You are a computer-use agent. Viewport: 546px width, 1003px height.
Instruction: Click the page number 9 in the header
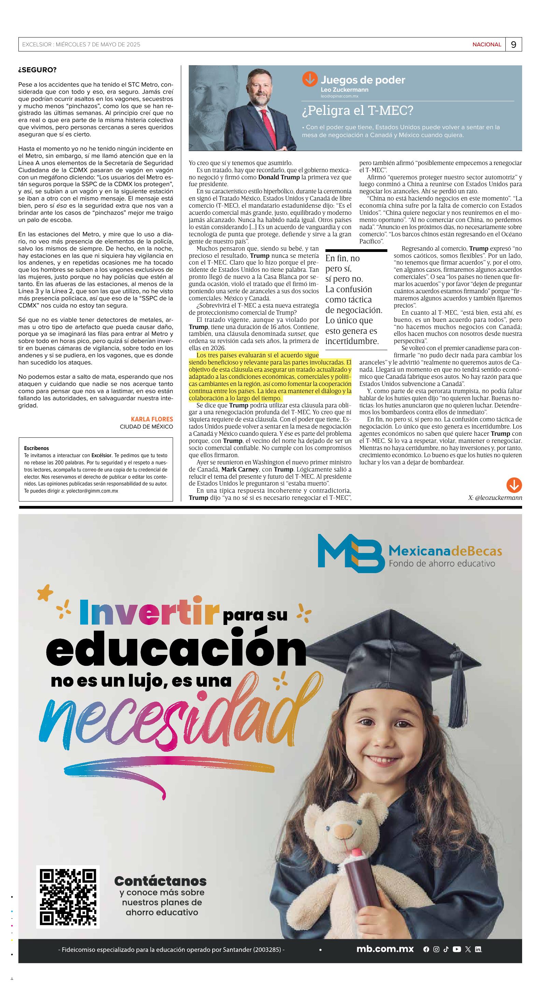pyautogui.click(x=513, y=44)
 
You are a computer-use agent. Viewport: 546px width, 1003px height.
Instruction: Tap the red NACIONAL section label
pyautogui.click(x=486, y=44)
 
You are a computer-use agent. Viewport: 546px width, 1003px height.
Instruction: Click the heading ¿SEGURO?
pyautogui.click(x=38, y=70)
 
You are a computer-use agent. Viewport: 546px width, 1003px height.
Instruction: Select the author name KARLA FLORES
pyautogui.click(x=152, y=419)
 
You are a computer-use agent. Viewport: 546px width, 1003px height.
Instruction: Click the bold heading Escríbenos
pyautogui.click(x=36, y=448)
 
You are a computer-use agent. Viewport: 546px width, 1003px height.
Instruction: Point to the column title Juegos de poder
pyautogui.click(x=362, y=80)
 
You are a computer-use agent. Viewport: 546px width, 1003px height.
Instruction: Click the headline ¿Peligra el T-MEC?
pyautogui.click(x=357, y=110)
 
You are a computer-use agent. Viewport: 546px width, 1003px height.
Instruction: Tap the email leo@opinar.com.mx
pyautogui.click(x=340, y=96)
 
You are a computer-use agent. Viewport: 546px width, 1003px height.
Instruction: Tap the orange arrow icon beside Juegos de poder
pyautogui.click(x=310, y=79)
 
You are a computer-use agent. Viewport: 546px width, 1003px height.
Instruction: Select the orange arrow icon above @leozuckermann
pyautogui.click(x=514, y=485)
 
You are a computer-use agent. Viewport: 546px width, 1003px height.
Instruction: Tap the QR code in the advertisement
pyautogui.click(x=68, y=897)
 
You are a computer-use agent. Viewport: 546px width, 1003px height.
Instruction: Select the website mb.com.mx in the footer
pyautogui.click(x=385, y=949)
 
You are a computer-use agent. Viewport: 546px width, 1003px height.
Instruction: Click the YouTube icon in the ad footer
pyautogui.click(x=457, y=949)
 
